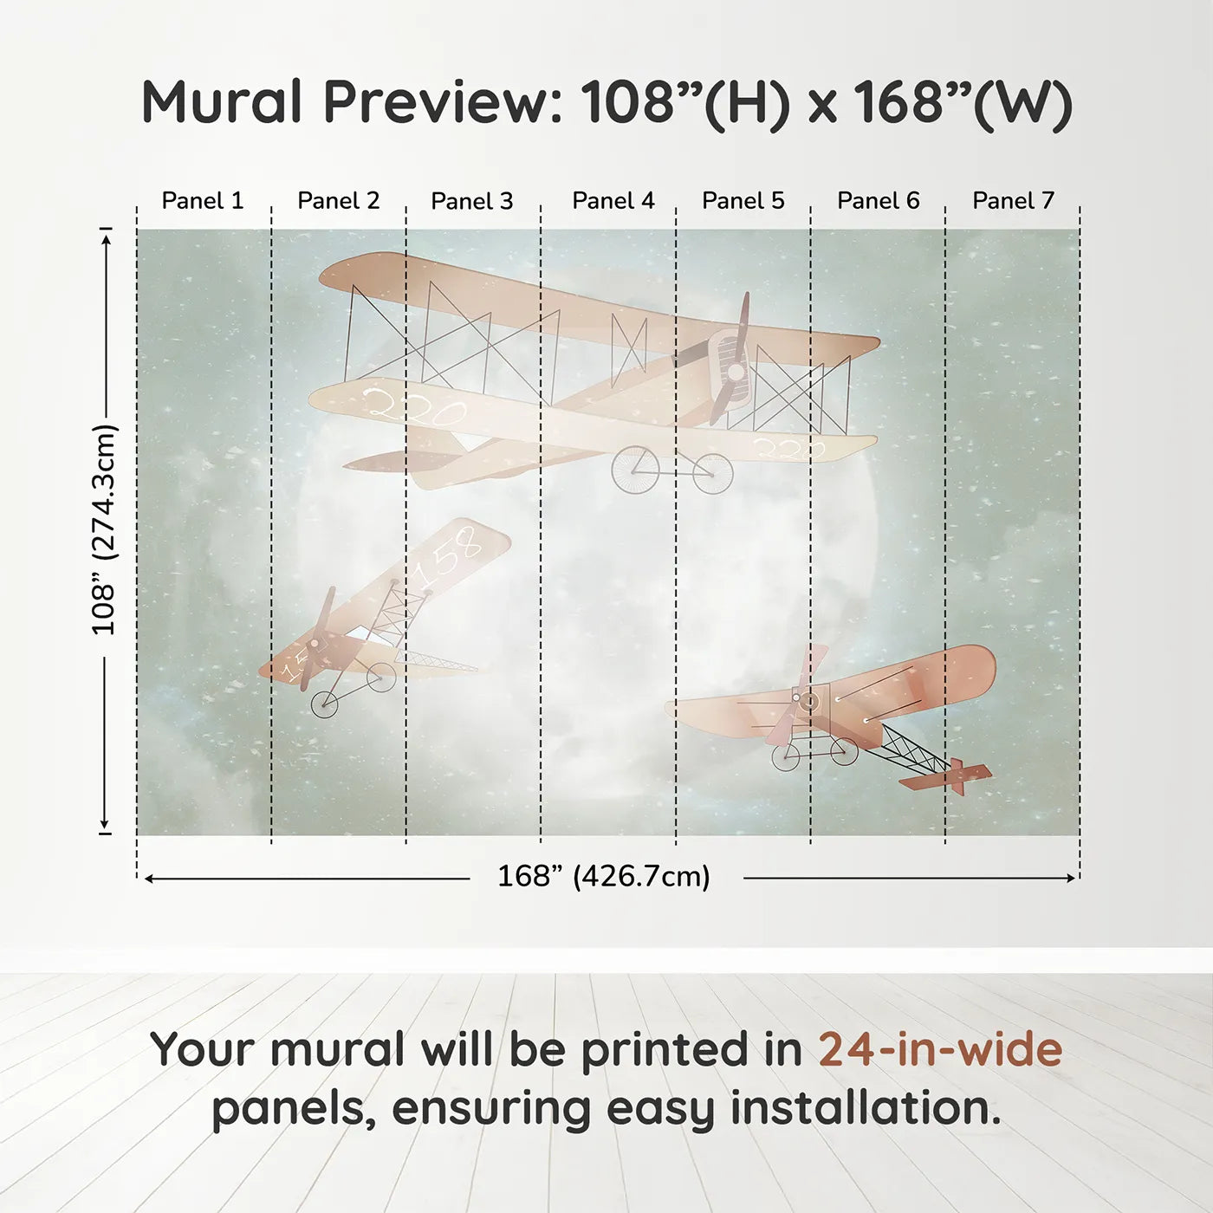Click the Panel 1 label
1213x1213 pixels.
point(203,201)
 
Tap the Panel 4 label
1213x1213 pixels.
point(613,201)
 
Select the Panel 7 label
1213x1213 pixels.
point(1013,201)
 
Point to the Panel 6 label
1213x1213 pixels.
point(878,201)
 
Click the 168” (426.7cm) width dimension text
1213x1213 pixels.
point(603,877)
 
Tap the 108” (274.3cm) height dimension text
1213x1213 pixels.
point(104,529)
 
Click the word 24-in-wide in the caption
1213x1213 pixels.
point(940,1050)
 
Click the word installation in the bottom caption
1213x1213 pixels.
point(866,1108)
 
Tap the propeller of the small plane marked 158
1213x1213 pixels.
point(317,641)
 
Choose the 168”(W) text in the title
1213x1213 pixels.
point(963,102)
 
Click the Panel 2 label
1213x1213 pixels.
point(338,201)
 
